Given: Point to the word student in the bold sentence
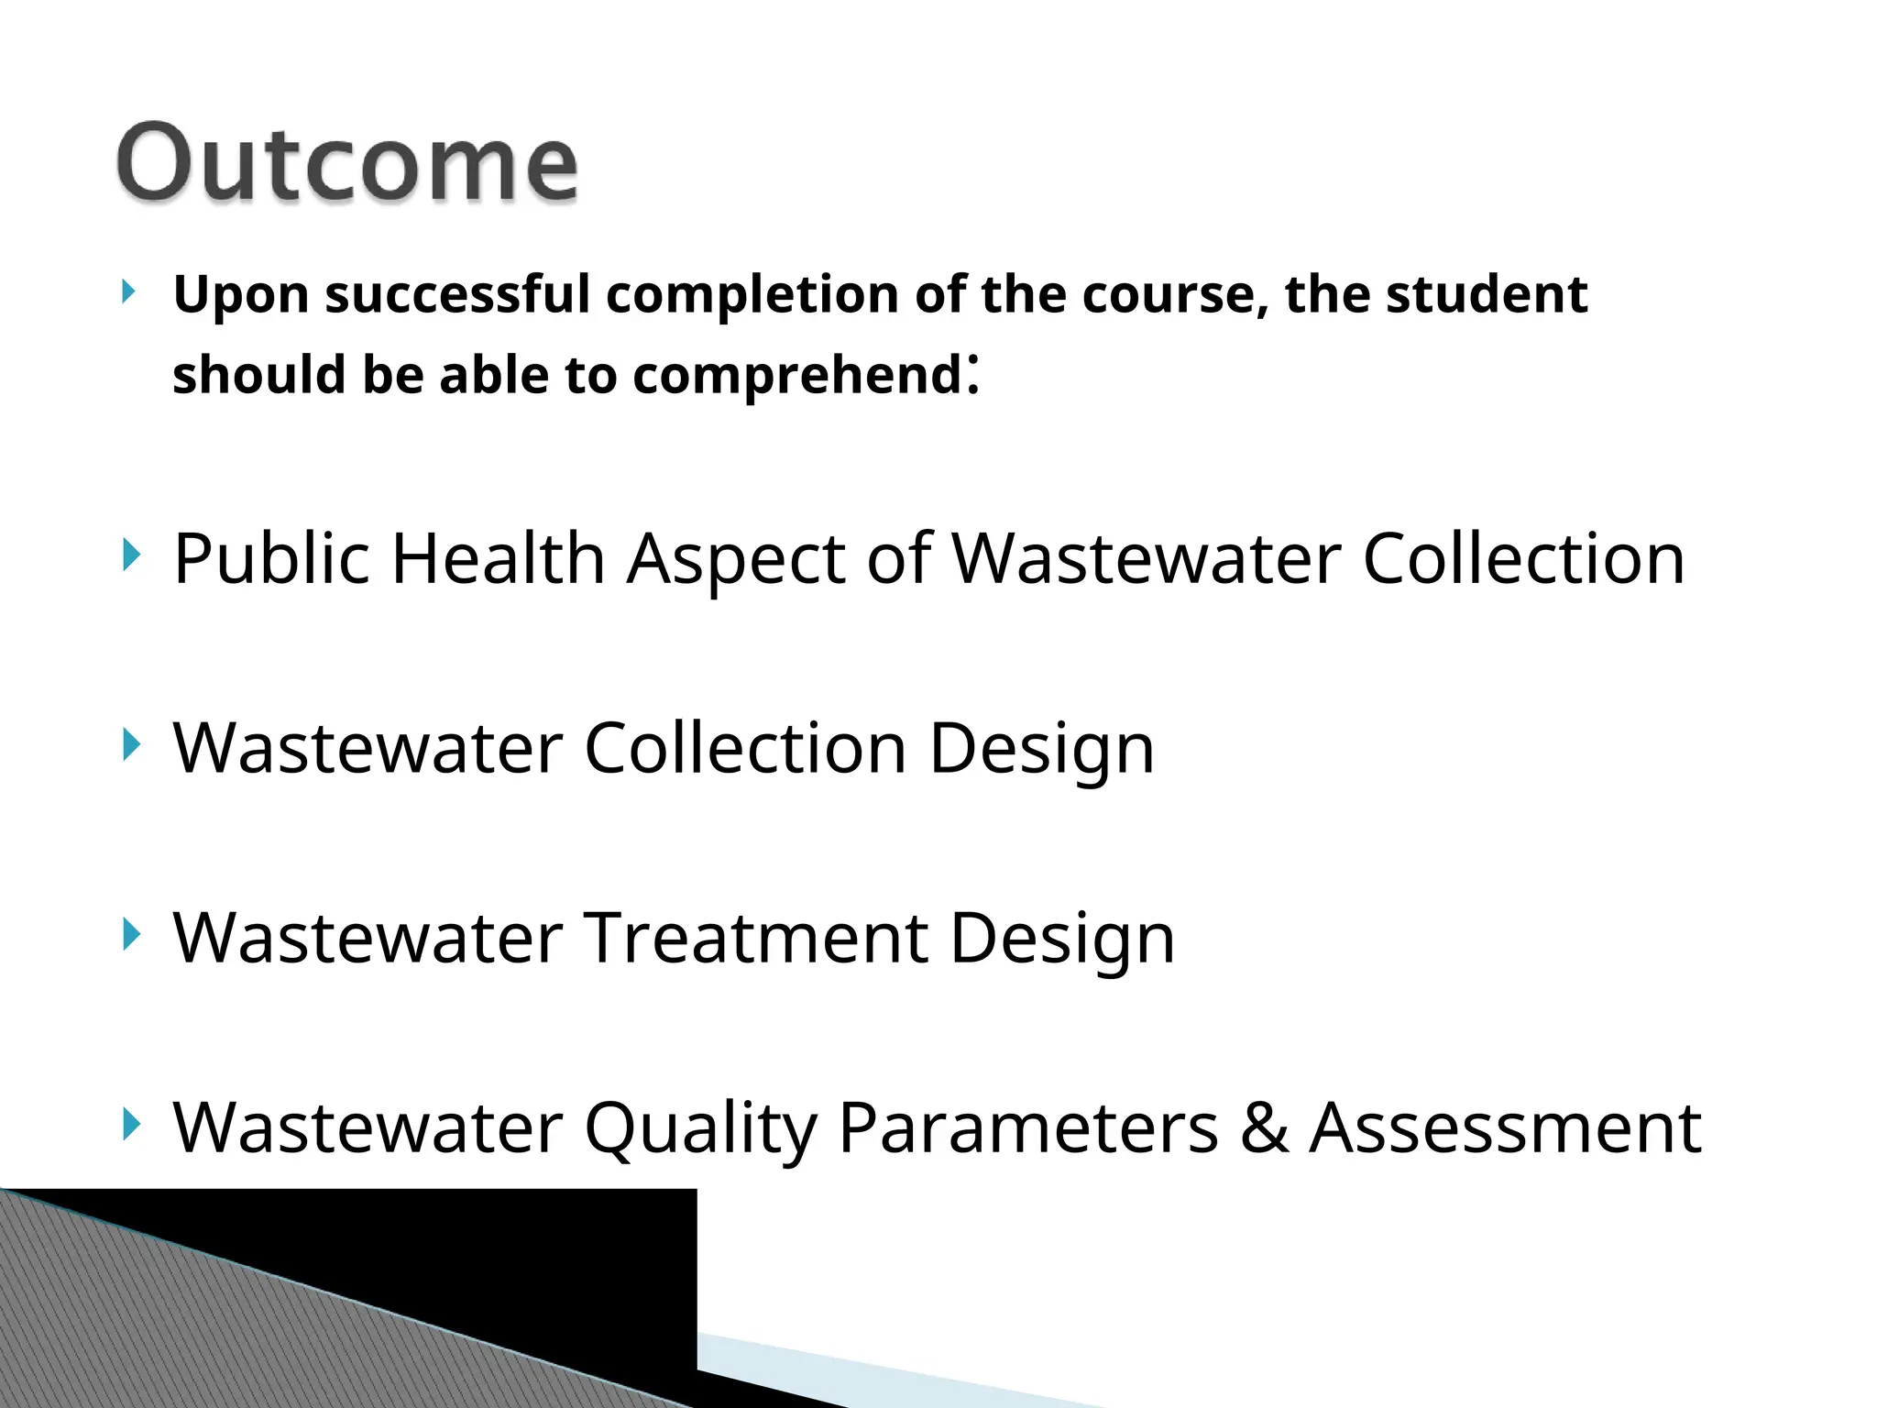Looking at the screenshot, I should pyautogui.click(x=1486, y=294).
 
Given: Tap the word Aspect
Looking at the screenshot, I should pyautogui.click(x=735, y=561).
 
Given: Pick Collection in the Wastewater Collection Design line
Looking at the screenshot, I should pyautogui.click(x=744, y=748).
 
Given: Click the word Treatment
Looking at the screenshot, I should pyautogui.click(x=755, y=938).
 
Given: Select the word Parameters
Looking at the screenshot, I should pyautogui.click(x=1027, y=1127).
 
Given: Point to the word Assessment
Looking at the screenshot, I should pyautogui.click(x=1505, y=1127).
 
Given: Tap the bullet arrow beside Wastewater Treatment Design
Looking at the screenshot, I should pyautogui.click(x=131, y=935).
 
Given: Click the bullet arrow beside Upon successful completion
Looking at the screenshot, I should pyautogui.click(x=129, y=292).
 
